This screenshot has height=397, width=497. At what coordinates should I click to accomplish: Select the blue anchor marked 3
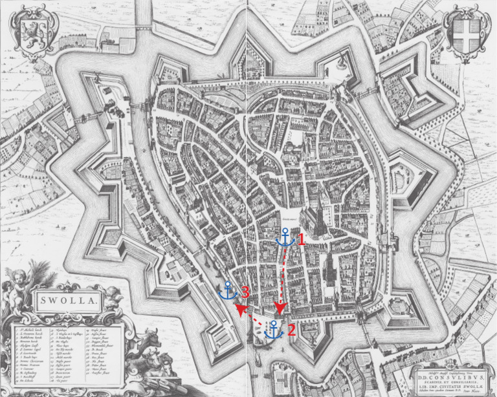click(x=229, y=290)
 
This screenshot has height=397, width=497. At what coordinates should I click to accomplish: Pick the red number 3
click(x=245, y=292)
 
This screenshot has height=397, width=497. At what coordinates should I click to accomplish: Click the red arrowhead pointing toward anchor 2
click(x=280, y=308)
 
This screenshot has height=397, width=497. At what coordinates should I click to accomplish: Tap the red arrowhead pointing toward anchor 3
click(x=239, y=310)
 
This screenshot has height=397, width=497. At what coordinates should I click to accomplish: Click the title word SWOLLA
click(x=69, y=300)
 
